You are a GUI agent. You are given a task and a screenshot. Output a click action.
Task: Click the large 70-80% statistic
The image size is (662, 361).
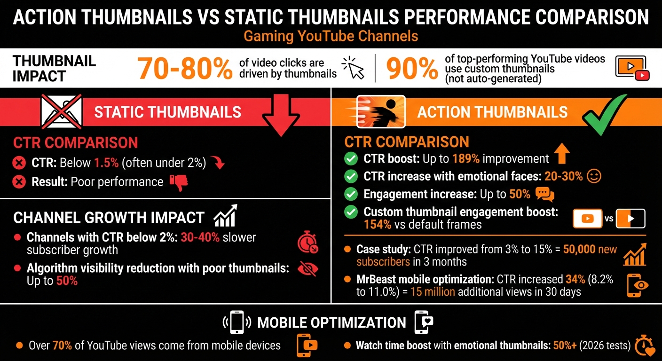pyautogui.click(x=185, y=69)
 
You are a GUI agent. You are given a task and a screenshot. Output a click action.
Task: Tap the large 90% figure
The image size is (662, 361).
pyautogui.click(x=412, y=69)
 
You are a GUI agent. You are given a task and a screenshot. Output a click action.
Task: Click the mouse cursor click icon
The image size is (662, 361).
pyautogui.click(x=354, y=69)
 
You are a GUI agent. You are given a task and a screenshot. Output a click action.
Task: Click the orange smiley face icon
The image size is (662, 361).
pyautogui.click(x=595, y=176)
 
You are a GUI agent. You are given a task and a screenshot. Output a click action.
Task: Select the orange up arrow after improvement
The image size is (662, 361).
pyautogui.click(x=562, y=154)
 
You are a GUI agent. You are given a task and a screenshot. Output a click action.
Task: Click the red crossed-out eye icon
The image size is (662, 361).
pyautogui.click(x=308, y=268)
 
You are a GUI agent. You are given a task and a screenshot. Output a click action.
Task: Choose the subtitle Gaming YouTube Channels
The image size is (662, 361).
pyautogui.click(x=331, y=36)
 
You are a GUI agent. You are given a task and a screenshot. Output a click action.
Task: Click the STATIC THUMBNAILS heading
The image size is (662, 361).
pyautogui.click(x=167, y=112)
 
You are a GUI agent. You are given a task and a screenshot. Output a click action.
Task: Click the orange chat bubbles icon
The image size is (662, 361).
pyautogui.click(x=545, y=194)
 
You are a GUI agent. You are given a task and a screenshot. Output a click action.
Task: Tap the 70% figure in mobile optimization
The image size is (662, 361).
pyautogui.click(x=62, y=345)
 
